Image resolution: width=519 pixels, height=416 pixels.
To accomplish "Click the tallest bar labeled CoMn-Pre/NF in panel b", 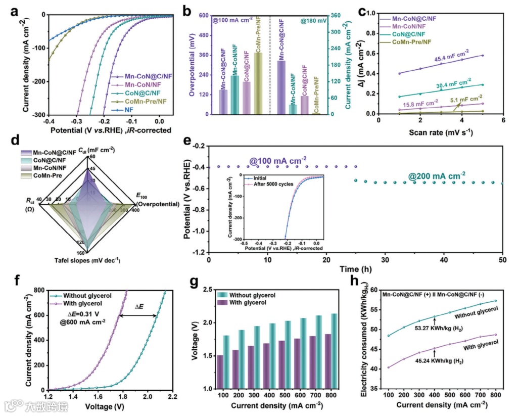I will point(258,83).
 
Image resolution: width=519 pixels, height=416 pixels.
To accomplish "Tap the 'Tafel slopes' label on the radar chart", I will point(87,261).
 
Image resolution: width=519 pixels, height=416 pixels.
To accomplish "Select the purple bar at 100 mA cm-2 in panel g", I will point(220,372).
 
